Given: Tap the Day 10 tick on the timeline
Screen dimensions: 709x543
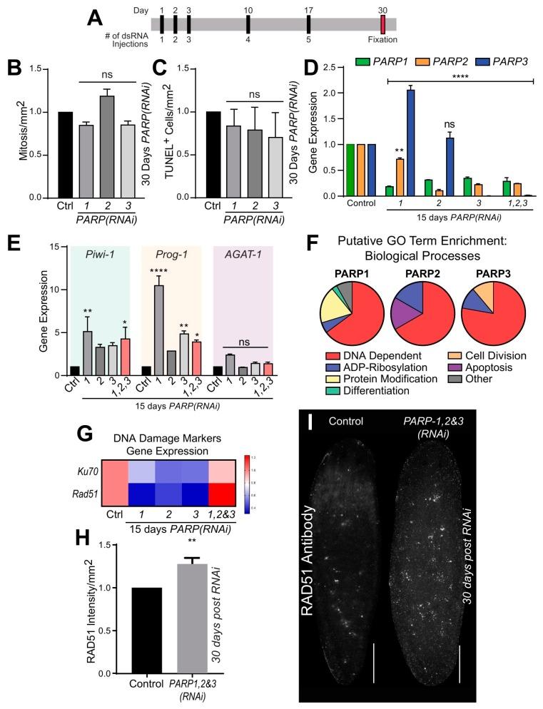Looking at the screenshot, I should coord(248,24).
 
